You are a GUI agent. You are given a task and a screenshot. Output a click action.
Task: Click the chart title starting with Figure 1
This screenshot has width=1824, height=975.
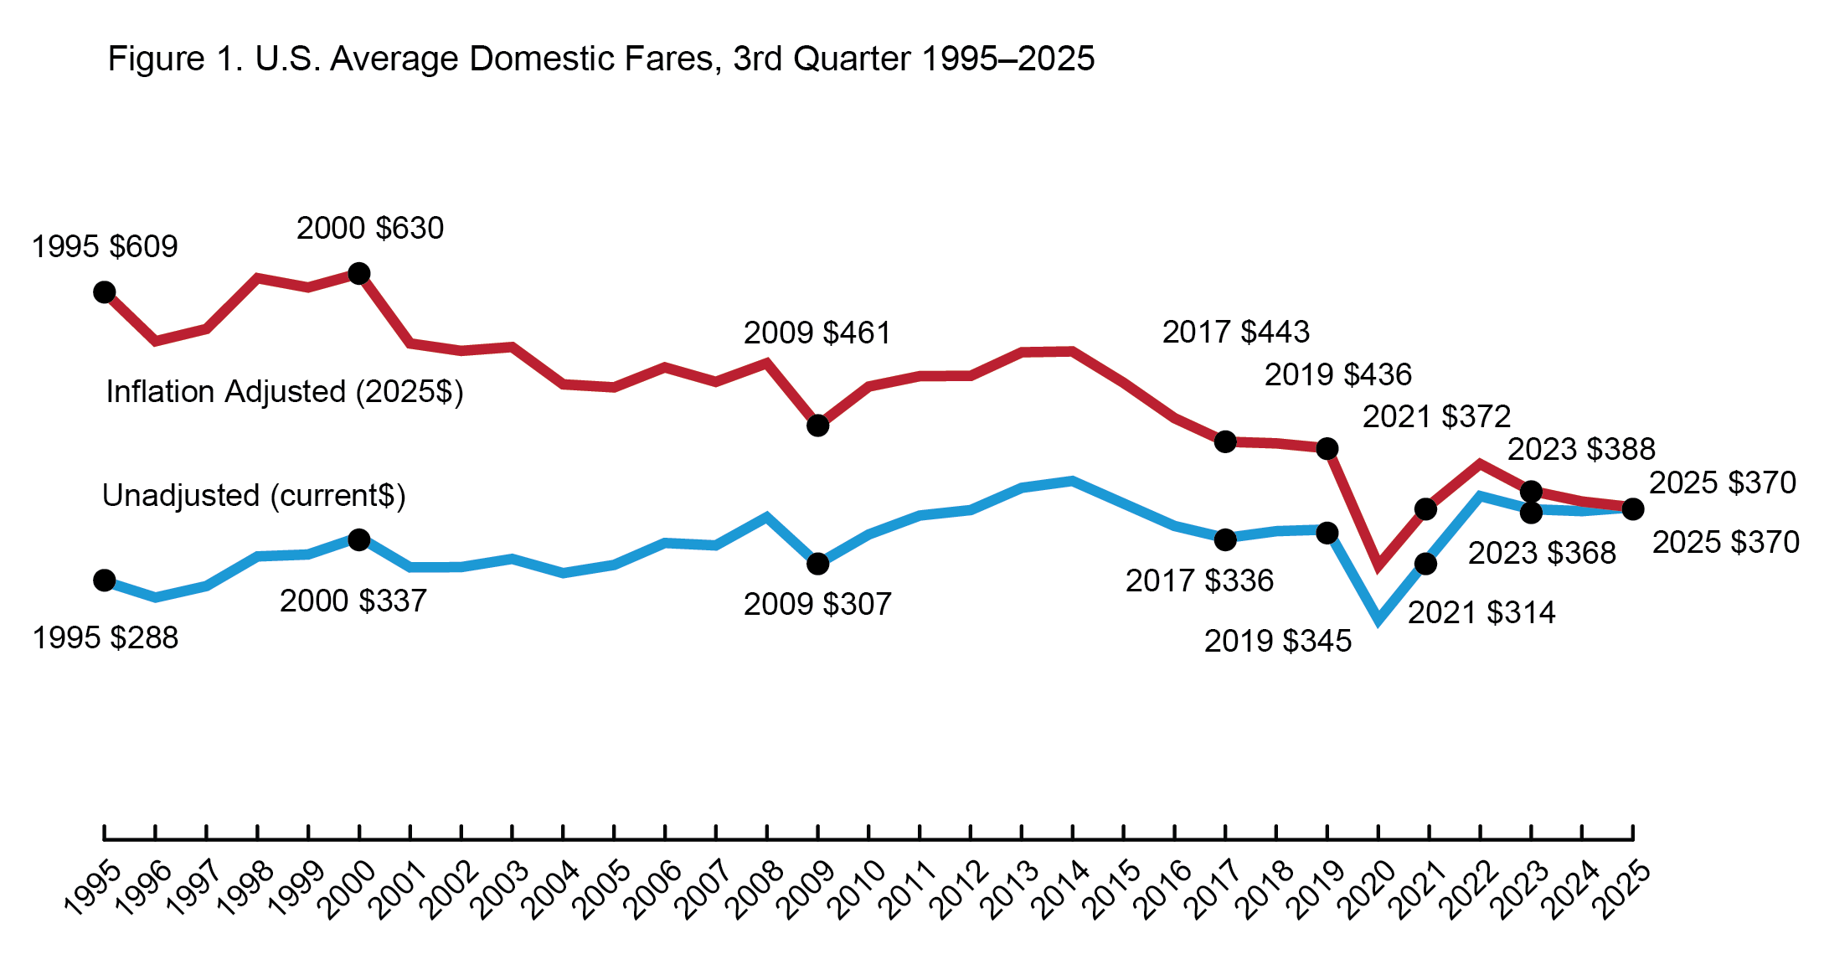click(600, 59)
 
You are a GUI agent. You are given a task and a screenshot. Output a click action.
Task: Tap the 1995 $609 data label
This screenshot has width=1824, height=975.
click(105, 246)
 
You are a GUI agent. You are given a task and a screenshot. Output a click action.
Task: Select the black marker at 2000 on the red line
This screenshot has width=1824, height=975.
click(358, 273)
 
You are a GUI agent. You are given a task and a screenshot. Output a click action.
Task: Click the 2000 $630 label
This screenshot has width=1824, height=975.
click(370, 228)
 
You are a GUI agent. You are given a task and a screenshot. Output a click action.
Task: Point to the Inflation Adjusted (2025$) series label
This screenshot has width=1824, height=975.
click(284, 391)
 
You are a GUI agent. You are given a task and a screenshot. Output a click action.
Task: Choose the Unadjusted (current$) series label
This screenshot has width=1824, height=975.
click(254, 495)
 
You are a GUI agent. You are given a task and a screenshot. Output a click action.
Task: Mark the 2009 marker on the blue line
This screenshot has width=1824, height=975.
click(817, 564)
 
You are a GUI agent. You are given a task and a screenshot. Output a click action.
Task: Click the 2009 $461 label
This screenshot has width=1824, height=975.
click(817, 333)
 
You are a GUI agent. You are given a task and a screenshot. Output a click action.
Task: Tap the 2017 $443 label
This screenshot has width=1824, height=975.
click(1235, 332)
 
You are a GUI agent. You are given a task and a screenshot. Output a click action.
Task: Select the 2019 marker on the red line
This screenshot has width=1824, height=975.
click(1327, 449)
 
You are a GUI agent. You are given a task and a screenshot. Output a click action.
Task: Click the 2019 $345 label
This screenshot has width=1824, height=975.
click(1277, 641)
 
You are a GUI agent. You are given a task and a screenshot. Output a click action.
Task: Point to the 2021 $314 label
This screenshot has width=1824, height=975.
click(1481, 612)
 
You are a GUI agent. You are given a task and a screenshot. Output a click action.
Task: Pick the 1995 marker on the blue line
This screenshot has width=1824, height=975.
click(104, 580)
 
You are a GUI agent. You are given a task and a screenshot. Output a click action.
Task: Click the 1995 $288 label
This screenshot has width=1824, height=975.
click(105, 637)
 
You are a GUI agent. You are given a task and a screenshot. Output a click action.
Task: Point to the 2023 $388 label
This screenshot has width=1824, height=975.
click(1581, 449)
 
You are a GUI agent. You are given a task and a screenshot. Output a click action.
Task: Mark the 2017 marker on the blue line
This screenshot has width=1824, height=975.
click(1224, 539)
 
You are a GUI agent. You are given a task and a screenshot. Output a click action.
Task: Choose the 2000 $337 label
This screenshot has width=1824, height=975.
click(353, 601)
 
